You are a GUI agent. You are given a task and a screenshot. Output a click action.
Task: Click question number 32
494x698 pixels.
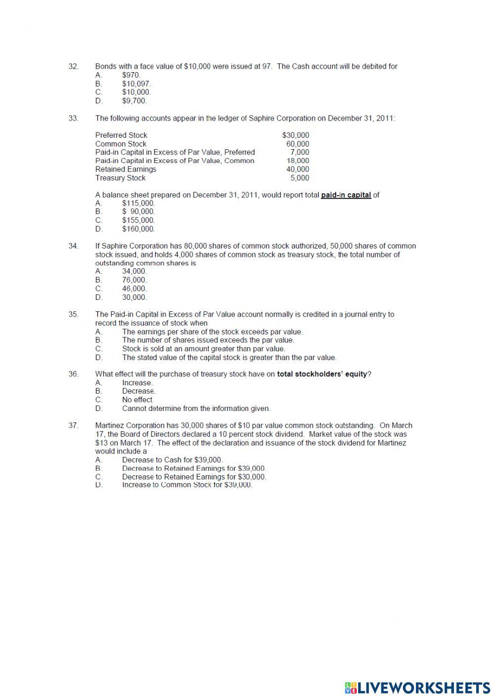[x=73, y=66]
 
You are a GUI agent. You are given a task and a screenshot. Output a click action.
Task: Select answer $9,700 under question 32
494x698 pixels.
[x=134, y=101]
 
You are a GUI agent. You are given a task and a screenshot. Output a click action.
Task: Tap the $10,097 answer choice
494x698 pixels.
[x=136, y=83]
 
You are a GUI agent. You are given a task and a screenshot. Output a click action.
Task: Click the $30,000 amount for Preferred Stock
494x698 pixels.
[x=295, y=135]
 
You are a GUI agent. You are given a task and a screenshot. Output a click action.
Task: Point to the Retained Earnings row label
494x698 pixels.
[x=125, y=169]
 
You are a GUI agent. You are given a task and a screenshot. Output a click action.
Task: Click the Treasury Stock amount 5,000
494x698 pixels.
[x=299, y=178]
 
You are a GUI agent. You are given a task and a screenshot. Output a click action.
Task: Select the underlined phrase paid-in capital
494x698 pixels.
[x=346, y=195]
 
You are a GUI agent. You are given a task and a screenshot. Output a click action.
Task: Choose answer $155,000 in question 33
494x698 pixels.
[x=138, y=220]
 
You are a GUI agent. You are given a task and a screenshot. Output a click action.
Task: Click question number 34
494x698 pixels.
[x=73, y=246]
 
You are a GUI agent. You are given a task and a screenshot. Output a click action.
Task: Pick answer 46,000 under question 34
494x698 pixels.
[x=134, y=288]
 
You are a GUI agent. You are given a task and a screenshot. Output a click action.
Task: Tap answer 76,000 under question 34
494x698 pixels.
[x=134, y=280]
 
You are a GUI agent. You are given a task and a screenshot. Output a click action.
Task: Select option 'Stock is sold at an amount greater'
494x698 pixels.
[x=204, y=349]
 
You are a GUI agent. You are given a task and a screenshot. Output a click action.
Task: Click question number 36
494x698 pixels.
[x=73, y=374]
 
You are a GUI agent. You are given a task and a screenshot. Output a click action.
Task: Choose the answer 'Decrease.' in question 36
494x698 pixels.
[x=138, y=391]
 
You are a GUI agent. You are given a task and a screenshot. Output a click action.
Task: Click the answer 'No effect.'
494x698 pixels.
[x=138, y=400]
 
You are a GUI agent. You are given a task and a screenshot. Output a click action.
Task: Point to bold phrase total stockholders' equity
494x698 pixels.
[x=322, y=374]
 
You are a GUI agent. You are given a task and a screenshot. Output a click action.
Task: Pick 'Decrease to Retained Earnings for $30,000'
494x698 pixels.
[x=194, y=477]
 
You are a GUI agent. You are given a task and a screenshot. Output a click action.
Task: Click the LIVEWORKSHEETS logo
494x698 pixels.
[x=417, y=687]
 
